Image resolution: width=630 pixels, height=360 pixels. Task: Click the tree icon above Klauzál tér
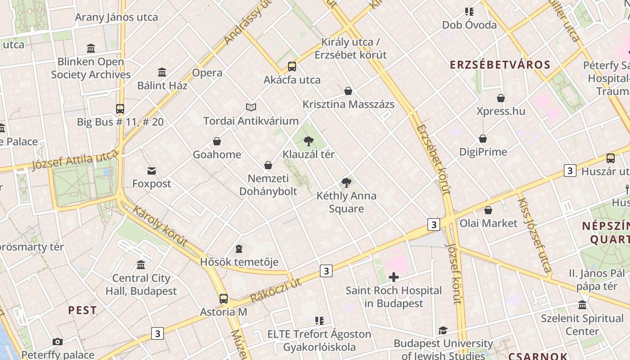coord(308,141)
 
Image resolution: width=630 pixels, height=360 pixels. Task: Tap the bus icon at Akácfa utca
coord(292,67)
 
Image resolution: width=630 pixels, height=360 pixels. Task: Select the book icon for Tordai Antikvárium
coord(251,107)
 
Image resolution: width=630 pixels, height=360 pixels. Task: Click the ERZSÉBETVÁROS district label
coord(500,64)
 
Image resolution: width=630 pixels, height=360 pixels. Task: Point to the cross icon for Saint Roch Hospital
coord(394,277)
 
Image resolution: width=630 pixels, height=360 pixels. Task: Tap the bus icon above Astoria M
coord(223,298)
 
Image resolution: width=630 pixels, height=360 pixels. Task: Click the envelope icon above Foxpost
coord(152,171)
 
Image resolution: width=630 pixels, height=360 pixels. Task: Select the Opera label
coord(207,72)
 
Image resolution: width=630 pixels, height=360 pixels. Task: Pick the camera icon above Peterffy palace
coord(57,342)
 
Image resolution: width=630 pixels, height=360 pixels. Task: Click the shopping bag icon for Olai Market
coord(488,210)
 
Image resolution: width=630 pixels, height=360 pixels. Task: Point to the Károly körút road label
coord(160,226)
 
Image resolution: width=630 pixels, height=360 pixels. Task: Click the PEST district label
coord(82,310)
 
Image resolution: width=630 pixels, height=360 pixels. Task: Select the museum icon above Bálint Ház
coord(162,72)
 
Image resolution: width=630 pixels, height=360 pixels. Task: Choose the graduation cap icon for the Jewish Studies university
coord(443,330)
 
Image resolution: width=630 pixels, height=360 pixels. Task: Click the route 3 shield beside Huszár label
coord(570,171)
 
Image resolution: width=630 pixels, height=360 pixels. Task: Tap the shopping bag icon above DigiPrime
coord(483,139)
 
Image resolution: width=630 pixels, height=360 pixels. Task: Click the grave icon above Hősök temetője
coord(239,249)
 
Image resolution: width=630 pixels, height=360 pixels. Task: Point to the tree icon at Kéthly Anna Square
coord(346,182)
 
